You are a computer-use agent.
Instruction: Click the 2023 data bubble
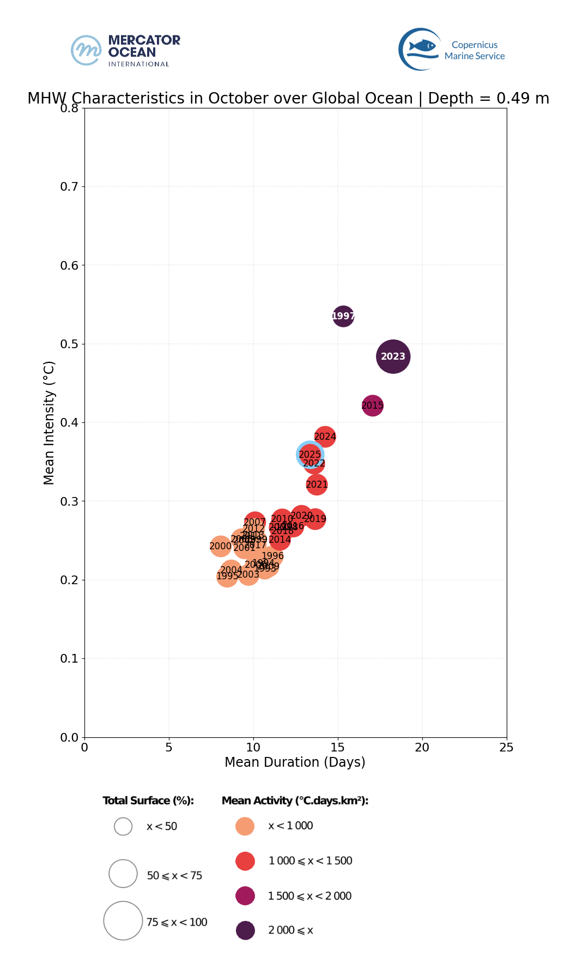click(x=393, y=356)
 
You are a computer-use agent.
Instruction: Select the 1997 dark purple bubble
click(x=343, y=316)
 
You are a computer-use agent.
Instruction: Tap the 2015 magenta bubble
click(x=373, y=405)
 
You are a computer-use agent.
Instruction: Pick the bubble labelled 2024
click(x=325, y=436)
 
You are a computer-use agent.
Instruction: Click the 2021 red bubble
click(x=317, y=484)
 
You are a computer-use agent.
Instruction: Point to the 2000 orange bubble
click(x=220, y=546)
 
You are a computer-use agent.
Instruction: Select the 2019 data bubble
click(x=315, y=519)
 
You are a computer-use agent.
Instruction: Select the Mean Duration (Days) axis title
click(x=295, y=762)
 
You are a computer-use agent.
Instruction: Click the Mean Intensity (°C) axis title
click(x=49, y=422)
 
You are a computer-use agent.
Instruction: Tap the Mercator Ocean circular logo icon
click(x=86, y=50)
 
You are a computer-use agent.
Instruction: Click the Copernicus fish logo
click(x=421, y=49)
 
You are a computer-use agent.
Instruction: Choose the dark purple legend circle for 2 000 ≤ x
click(x=245, y=930)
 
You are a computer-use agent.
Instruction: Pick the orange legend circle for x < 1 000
click(x=245, y=826)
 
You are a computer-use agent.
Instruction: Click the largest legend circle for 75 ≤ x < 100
click(x=123, y=920)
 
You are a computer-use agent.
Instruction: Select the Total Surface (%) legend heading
click(x=148, y=801)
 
